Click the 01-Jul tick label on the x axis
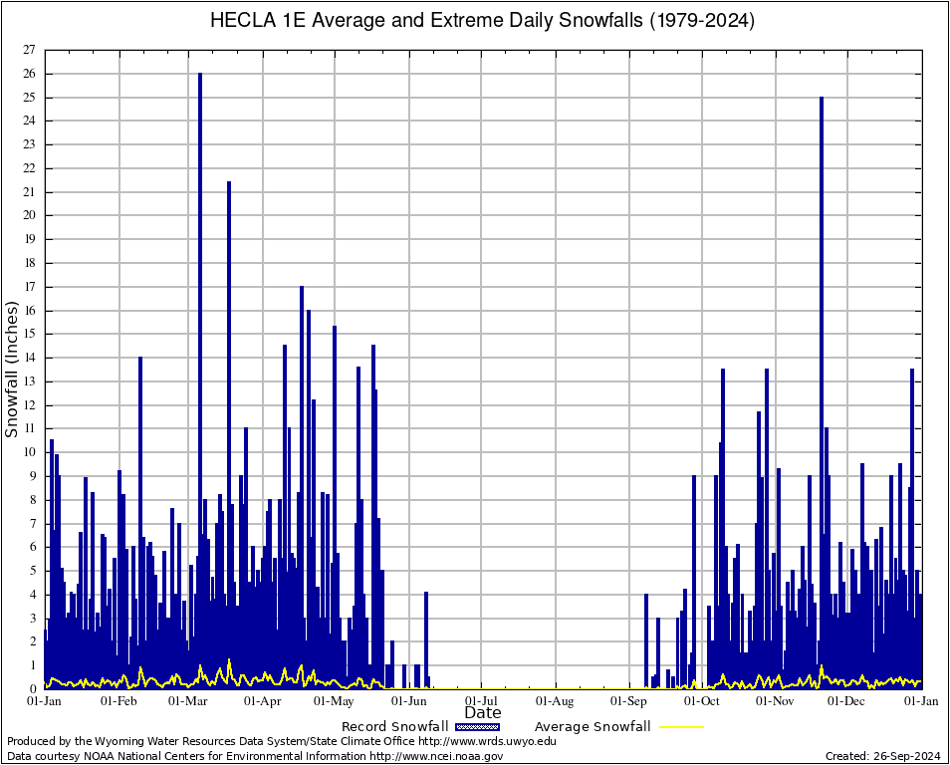click(481, 701)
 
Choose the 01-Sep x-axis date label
click(629, 701)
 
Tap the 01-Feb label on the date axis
click(119, 701)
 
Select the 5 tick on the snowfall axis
click(31, 571)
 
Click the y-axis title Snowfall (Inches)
click(12, 370)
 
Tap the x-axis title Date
click(483, 713)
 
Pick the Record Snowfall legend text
click(394, 727)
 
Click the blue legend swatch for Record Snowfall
click(475, 727)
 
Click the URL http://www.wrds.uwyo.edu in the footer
click(487, 741)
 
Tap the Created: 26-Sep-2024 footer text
click(882, 757)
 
